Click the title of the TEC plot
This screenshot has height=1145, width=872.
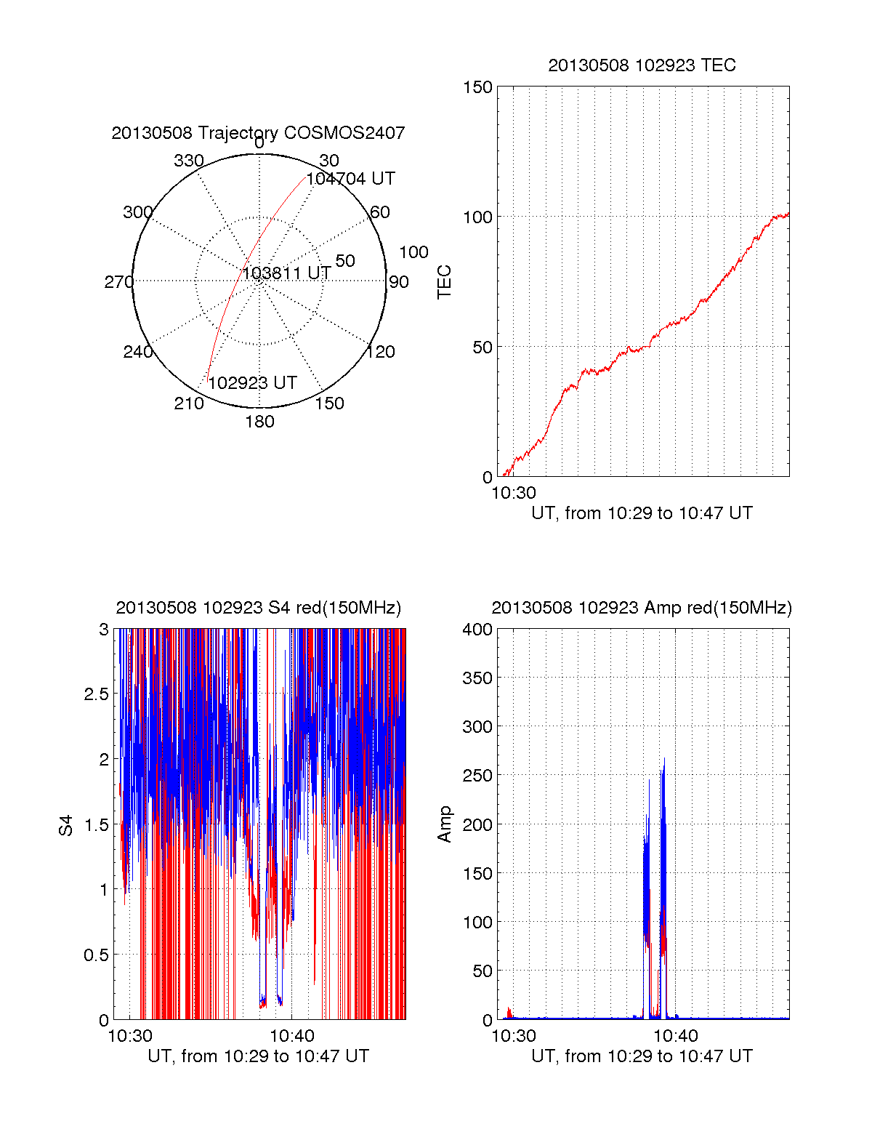click(642, 65)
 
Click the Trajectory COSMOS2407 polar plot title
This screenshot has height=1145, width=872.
click(258, 133)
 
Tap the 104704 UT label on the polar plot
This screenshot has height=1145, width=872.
click(351, 179)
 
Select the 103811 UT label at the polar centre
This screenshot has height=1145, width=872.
click(286, 273)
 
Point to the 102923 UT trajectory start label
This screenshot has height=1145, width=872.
click(253, 383)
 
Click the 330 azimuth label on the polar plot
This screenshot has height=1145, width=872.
click(188, 161)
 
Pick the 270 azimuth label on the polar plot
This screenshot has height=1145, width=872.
click(118, 282)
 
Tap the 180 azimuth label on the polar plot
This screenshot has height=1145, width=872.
click(259, 422)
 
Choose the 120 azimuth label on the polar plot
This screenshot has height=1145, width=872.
click(381, 353)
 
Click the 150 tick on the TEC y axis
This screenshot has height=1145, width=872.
click(477, 87)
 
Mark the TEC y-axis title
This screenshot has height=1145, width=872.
click(444, 282)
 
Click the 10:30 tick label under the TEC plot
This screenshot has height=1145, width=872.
click(514, 493)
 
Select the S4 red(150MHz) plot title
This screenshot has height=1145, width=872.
click(258, 608)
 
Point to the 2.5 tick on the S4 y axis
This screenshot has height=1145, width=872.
click(97, 694)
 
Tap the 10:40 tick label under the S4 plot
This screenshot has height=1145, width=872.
click(292, 1036)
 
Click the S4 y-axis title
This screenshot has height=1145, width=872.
click(66, 825)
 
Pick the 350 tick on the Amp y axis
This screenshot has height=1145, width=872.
click(477, 678)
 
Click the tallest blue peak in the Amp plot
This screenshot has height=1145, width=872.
click(664, 759)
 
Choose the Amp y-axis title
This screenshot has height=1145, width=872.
click(444, 824)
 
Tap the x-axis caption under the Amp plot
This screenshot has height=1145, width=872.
click(642, 1056)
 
